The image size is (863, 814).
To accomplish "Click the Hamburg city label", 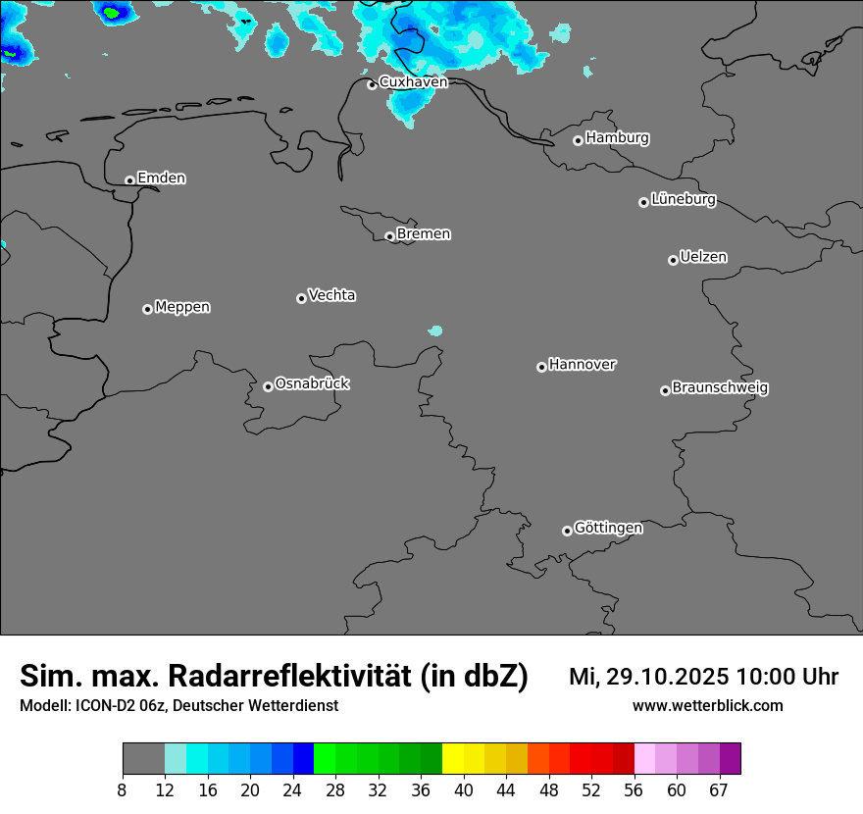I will click(617, 138).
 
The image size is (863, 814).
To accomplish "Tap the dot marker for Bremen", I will click(389, 236).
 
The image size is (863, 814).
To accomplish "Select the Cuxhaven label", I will click(413, 82).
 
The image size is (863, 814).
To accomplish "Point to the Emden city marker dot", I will click(129, 180).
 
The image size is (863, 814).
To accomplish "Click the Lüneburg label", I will click(683, 200).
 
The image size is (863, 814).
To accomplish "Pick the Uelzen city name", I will click(703, 258).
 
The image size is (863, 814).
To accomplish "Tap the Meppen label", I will click(182, 308).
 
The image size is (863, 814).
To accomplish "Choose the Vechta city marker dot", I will click(301, 298).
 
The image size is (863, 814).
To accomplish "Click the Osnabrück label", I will click(312, 384).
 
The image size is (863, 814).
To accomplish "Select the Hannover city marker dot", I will click(541, 367).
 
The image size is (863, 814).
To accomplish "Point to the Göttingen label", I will click(608, 529).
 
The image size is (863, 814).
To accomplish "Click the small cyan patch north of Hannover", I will click(434, 331).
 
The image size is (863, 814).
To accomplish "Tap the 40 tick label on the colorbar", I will click(463, 790).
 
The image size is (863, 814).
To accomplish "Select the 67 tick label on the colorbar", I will click(719, 790).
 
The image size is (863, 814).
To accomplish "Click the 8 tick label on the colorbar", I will click(123, 790).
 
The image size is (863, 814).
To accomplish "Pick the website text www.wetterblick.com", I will click(707, 706).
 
